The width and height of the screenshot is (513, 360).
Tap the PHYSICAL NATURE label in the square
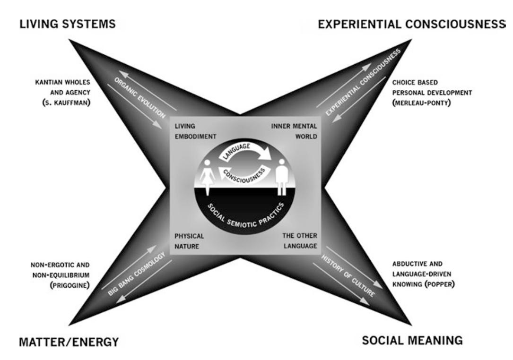tap(189, 239)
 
